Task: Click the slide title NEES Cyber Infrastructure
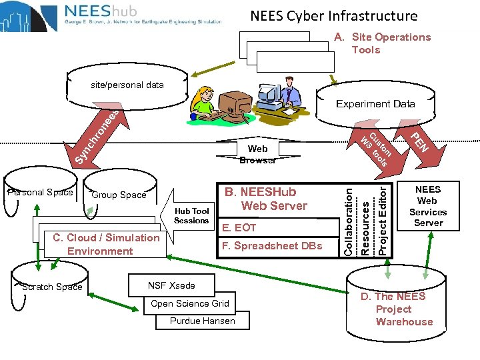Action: [x=333, y=16]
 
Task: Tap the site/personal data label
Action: [x=127, y=85]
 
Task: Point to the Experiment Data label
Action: [x=375, y=104]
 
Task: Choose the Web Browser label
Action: [x=257, y=154]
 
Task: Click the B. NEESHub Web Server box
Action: [x=274, y=199]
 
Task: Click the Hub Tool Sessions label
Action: [x=191, y=215]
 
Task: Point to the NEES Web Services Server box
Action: [x=428, y=207]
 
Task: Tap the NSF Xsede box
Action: [x=171, y=285]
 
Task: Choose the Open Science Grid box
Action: [x=189, y=303]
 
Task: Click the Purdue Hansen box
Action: [x=202, y=321]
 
